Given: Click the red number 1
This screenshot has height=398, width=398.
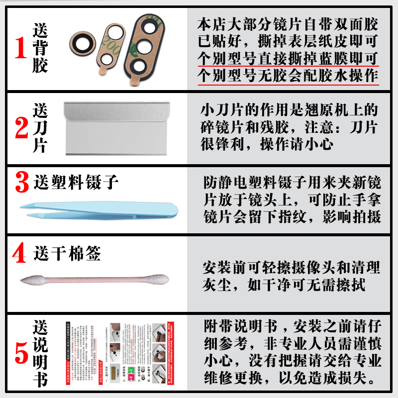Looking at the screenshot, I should click(x=20, y=48).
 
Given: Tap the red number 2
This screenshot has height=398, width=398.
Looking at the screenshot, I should click(x=21, y=128).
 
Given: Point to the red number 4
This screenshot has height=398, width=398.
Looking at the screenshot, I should click(x=19, y=254).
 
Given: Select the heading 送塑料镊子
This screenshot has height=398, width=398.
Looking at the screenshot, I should click(x=76, y=183).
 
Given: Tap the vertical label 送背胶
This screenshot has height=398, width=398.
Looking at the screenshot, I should click(x=40, y=48).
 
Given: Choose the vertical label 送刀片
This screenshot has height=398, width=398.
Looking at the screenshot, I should click(x=40, y=128).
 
